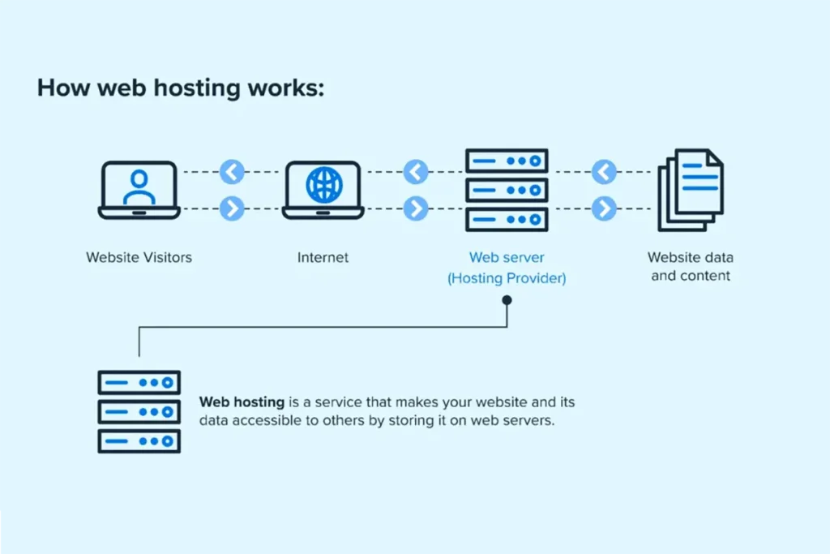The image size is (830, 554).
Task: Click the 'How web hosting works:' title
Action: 181,88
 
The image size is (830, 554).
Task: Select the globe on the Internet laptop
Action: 324,185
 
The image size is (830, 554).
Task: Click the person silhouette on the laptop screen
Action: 139,187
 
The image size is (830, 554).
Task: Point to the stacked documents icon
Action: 691,190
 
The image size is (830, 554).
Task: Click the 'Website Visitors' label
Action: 139,257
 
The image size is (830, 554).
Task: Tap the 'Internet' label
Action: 323,257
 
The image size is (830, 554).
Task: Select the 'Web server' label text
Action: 507,257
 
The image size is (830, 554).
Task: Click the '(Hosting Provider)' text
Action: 507,278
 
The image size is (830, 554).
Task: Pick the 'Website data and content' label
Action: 691,266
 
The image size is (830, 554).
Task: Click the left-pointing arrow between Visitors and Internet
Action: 232,172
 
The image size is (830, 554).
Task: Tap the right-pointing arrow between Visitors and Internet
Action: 232,208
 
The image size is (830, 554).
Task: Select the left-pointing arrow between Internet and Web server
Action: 416,172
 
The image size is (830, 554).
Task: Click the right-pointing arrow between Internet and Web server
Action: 416,208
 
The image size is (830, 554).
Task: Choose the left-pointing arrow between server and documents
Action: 604,172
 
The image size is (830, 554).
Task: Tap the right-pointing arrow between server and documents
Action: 604,208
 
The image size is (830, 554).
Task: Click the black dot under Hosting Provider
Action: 507,300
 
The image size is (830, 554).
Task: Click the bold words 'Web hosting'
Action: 242,402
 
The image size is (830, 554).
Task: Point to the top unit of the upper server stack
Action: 507,161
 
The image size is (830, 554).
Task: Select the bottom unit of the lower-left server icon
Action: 139,441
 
